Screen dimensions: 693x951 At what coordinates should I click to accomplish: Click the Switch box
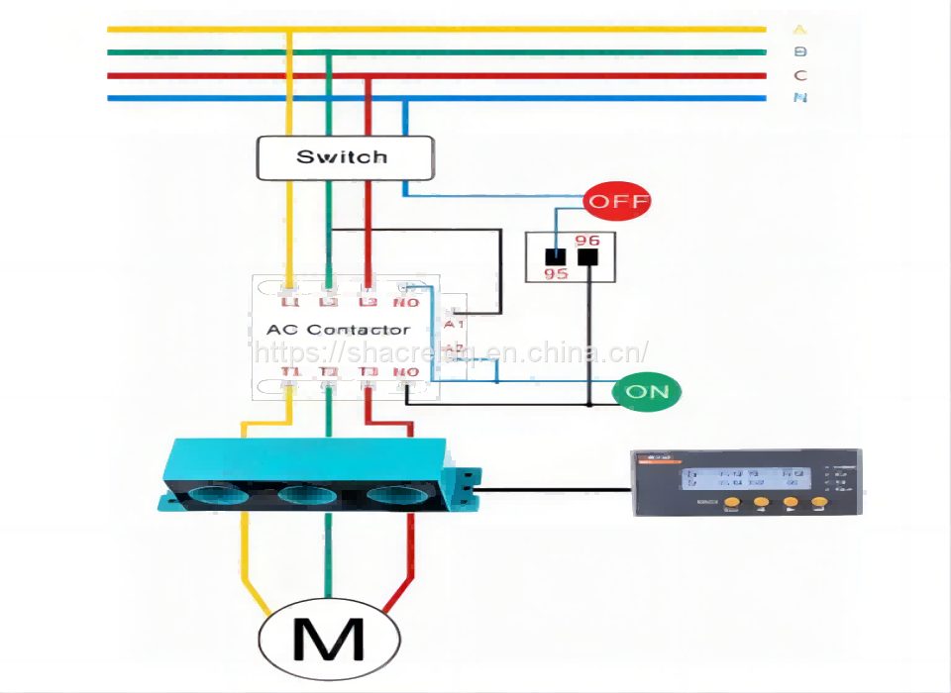[345, 157]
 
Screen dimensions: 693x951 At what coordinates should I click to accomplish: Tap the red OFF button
[617, 202]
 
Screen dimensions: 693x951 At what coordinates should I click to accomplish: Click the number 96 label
[587, 241]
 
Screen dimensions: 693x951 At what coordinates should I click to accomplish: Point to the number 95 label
[556, 273]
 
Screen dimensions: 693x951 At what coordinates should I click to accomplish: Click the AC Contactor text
[338, 329]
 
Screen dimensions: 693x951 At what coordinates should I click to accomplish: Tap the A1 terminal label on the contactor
[455, 324]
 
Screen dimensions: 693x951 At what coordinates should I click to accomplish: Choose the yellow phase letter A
[799, 30]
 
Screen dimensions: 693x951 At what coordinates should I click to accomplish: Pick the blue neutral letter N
[799, 98]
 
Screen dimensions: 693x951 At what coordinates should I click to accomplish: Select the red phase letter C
[799, 75]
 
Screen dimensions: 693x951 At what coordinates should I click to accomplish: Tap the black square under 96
[588, 257]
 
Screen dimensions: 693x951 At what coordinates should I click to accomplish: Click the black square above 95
[556, 257]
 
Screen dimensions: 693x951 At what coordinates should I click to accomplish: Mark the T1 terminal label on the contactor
[289, 372]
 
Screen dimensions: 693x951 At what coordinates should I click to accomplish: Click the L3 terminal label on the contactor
[368, 301]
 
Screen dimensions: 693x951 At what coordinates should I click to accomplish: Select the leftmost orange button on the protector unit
[732, 503]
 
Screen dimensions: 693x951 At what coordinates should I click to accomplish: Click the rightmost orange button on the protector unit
[818, 503]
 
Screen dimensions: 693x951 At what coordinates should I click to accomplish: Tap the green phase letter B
[799, 52]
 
